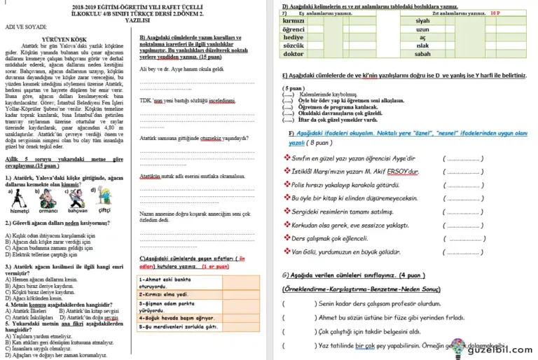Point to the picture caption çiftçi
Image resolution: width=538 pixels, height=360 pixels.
coord(104,209)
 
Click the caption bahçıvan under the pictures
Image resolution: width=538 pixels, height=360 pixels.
coord(77,210)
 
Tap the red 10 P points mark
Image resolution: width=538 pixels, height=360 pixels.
coord(497,13)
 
